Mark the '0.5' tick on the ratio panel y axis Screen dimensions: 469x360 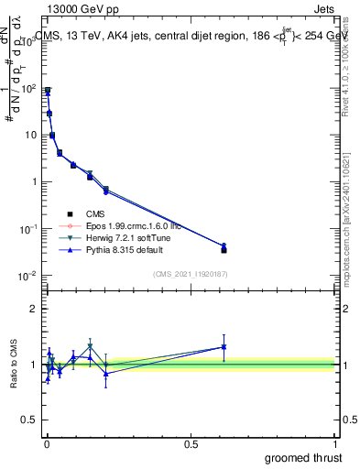click(x=30, y=421)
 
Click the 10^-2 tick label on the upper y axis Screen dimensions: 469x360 click(x=27, y=276)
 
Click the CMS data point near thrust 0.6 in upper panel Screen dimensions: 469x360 click(x=224, y=250)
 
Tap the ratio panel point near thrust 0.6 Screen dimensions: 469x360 click(x=224, y=347)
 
